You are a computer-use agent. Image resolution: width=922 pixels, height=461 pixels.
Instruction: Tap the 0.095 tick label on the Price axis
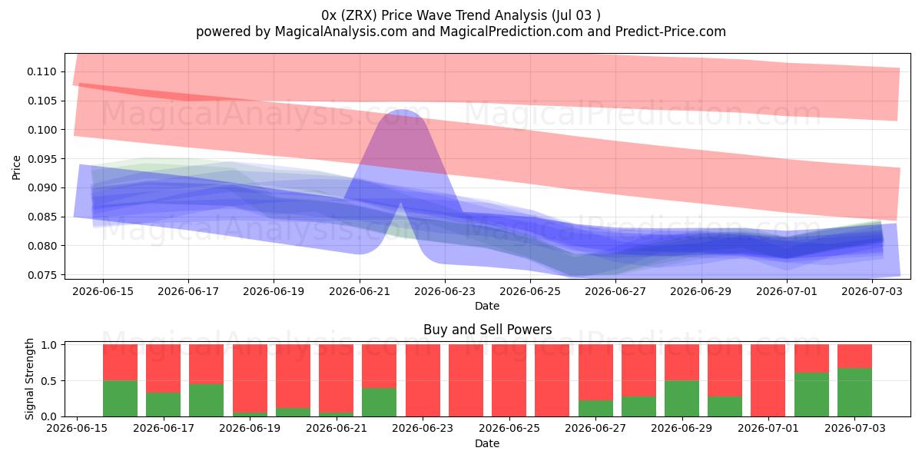(x=42, y=159)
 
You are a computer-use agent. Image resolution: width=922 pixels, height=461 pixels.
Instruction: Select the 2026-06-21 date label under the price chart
(x=360, y=291)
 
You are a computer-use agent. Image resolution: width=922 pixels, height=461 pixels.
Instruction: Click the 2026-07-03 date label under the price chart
(x=872, y=291)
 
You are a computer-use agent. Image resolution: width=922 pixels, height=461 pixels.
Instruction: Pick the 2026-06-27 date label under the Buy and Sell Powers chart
(x=595, y=428)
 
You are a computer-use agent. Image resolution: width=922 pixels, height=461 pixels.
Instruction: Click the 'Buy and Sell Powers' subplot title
(x=487, y=330)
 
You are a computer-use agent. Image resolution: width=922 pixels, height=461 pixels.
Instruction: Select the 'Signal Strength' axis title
(x=29, y=379)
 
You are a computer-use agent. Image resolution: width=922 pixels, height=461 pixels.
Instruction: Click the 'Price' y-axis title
(x=16, y=167)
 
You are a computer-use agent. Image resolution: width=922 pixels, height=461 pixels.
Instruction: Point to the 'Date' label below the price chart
(x=487, y=306)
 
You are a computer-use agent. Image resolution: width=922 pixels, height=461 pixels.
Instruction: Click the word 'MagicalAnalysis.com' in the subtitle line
(x=341, y=32)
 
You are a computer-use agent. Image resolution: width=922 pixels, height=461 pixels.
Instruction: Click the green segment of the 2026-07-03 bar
(x=854, y=393)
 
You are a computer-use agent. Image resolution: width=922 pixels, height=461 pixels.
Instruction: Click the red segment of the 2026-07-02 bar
(x=811, y=359)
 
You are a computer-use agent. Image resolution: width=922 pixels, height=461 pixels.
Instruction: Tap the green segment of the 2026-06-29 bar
(x=682, y=399)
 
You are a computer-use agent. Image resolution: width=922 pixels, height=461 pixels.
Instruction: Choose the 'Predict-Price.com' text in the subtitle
(x=671, y=32)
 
